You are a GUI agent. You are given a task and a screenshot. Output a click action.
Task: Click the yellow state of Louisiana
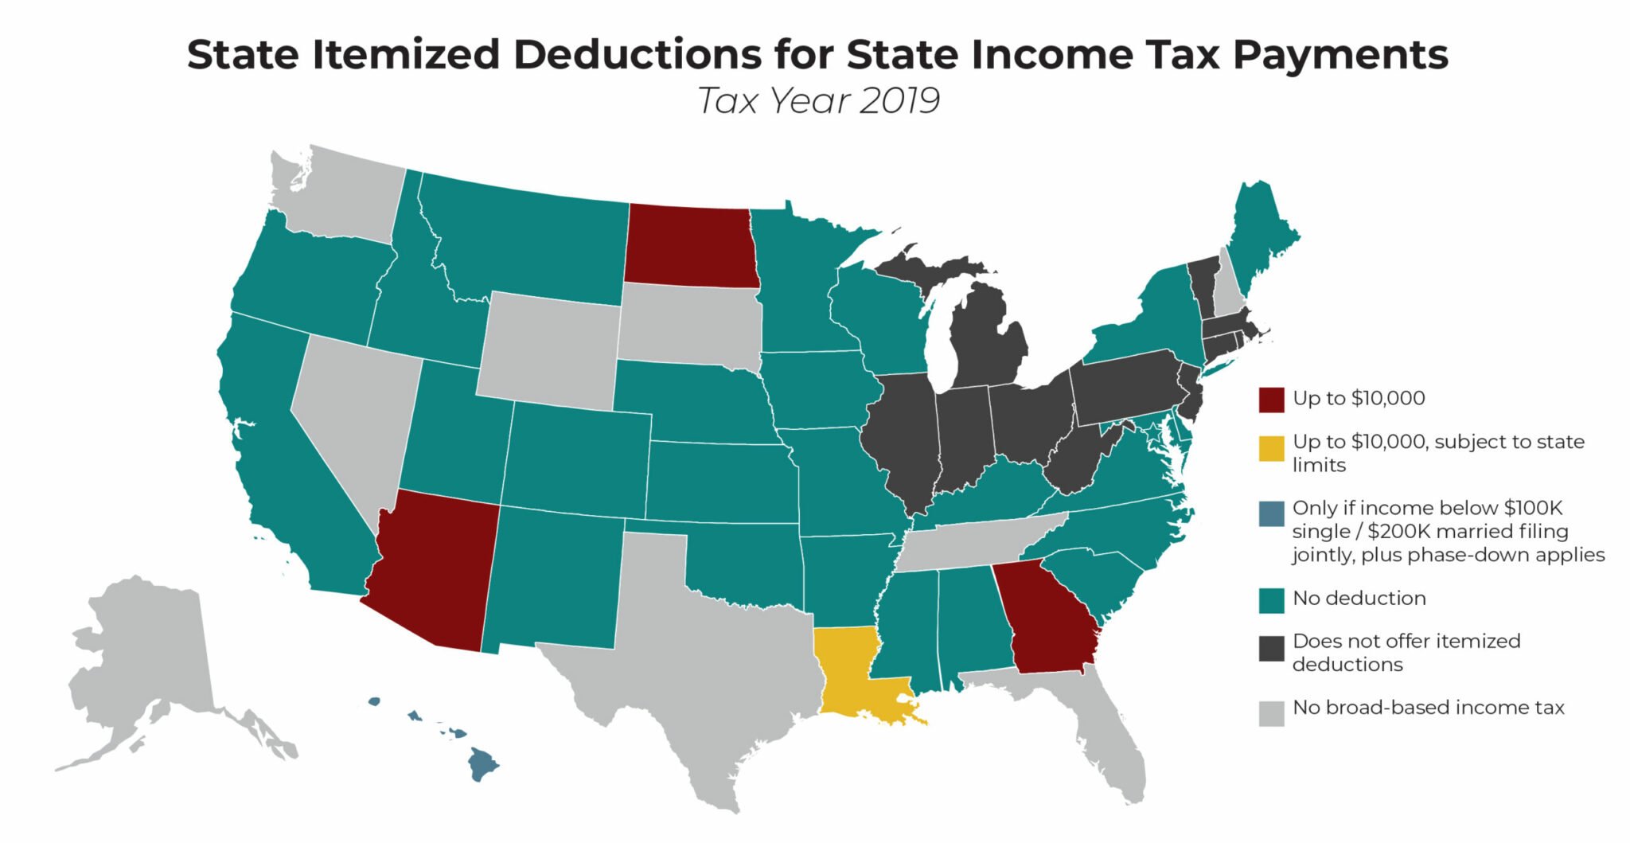point(848,669)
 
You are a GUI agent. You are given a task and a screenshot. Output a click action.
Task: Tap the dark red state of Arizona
point(434,569)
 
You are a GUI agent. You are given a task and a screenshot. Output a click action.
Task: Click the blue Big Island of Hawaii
point(482,764)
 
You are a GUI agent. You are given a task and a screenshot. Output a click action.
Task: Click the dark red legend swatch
point(1271,400)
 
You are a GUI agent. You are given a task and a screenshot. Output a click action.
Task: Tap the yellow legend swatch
point(1271,448)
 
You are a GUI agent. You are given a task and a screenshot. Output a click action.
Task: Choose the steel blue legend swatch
point(1271,513)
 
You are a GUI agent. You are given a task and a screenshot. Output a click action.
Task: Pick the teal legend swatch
point(1271,600)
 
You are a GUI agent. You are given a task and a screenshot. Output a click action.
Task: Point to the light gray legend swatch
point(1271,712)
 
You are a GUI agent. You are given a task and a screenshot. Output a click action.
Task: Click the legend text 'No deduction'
point(1359,599)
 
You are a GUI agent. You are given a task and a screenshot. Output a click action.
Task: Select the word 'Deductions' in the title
point(637,54)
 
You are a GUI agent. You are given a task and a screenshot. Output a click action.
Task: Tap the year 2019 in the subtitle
point(899,101)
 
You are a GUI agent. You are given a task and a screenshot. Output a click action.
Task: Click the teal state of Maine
point(1261,231)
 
